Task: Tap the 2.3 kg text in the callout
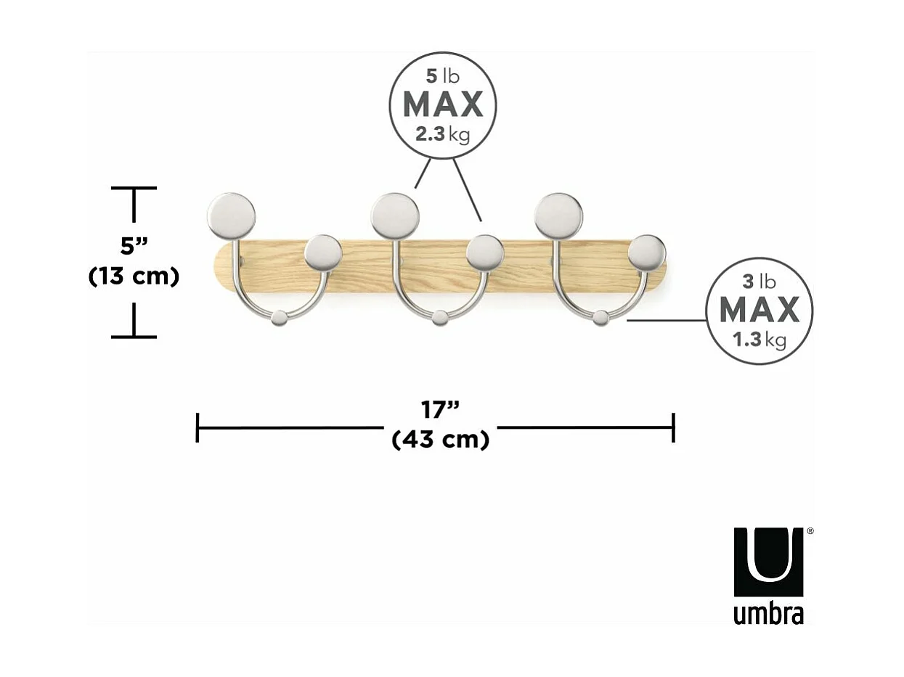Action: [442, 134]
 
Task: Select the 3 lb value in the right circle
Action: [759, 281]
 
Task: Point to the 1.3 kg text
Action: [759, 340]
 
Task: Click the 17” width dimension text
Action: [441, 410]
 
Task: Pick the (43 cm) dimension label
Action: [440, 440]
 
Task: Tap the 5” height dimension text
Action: [134, 246]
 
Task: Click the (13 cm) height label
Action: [134, 276]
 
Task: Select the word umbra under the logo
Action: [768, 614]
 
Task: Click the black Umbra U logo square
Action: [768, 562]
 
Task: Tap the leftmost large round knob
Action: [231, 216]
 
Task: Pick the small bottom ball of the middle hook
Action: [440, 318]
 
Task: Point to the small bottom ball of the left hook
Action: [279, 318]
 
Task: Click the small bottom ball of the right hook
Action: [600, 318]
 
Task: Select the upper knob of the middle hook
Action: [394, 216]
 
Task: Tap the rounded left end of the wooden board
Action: [224, 267]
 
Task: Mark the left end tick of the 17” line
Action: [198, 427]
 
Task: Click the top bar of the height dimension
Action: [134, 189]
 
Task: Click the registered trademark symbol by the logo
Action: [810, 531]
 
